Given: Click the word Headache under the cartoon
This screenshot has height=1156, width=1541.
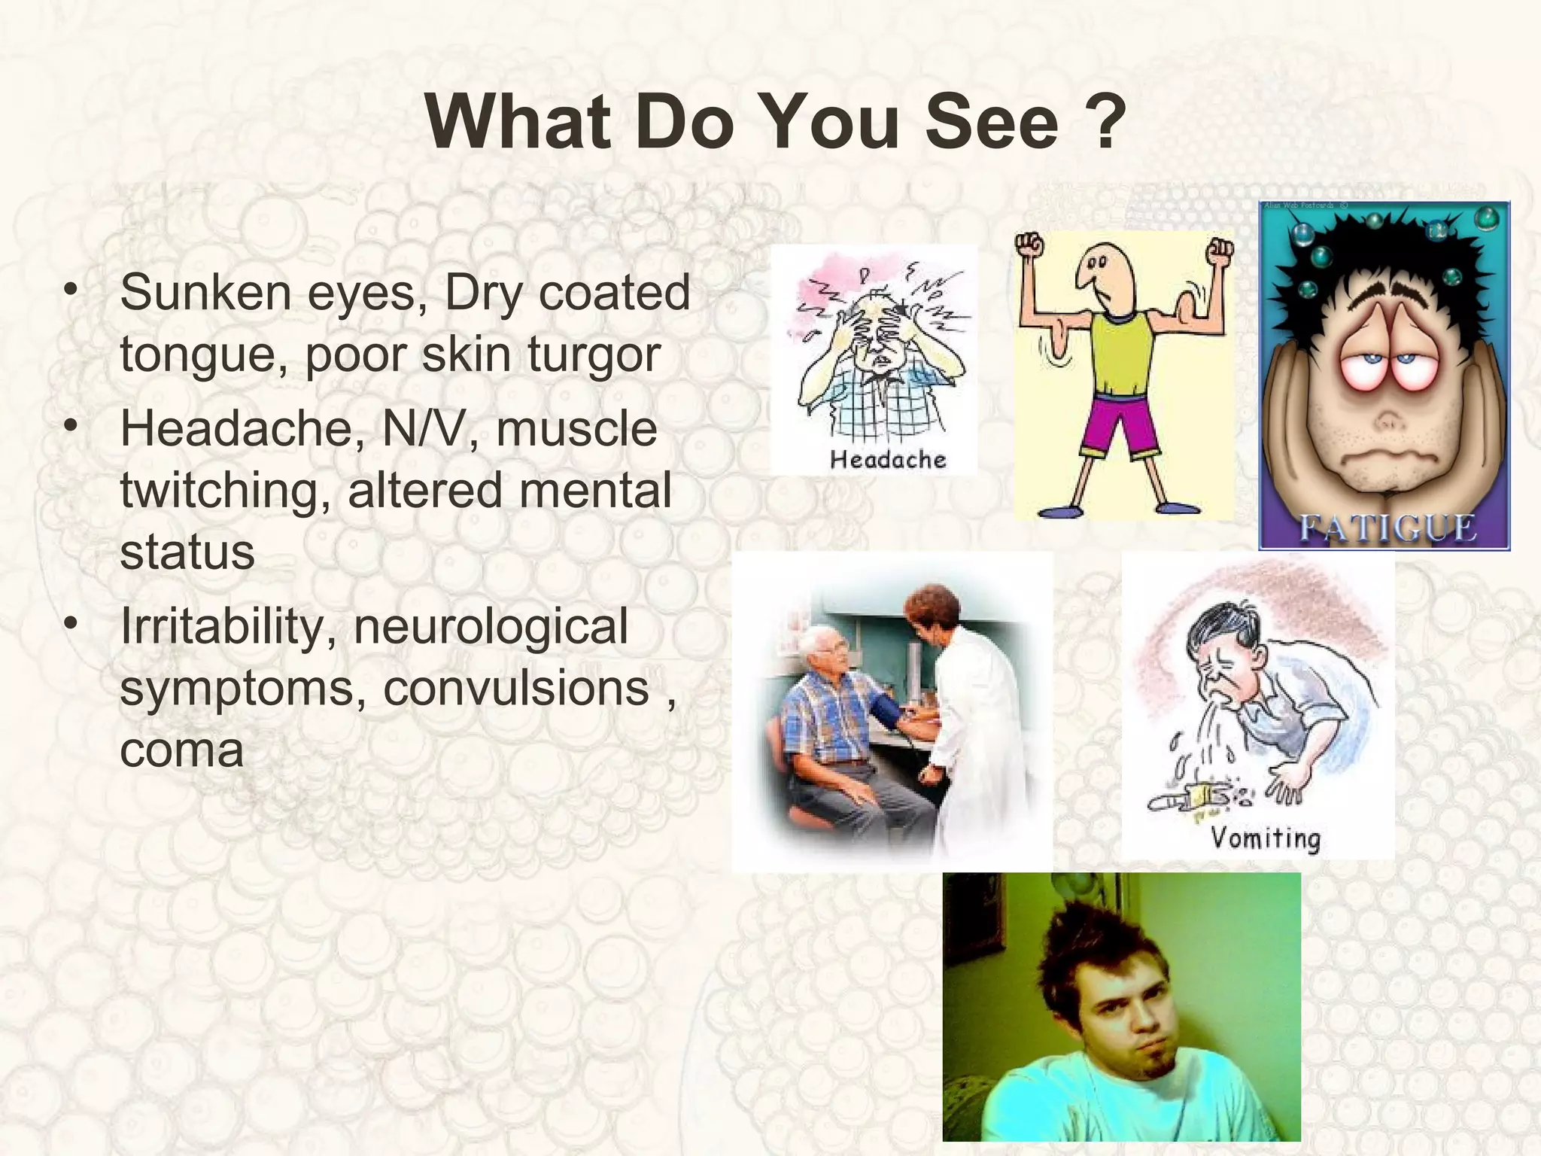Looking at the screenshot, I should (888, 459).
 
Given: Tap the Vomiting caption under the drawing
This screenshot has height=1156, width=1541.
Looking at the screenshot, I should (1266, 837).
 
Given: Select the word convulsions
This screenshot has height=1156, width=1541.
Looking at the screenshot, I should (516, 687).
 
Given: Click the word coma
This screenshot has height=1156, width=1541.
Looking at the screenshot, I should (181, 750).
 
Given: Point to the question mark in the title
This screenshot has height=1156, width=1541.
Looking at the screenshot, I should (1106, 122).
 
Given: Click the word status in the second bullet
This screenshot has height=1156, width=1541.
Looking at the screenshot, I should (187, 552).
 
